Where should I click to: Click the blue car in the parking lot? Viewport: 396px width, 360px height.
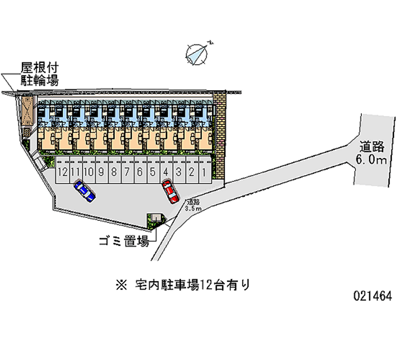85,191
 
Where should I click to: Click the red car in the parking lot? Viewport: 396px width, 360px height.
170,192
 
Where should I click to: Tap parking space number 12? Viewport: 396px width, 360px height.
62,172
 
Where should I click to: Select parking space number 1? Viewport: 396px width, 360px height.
204,172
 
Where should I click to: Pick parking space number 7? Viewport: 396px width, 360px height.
127,172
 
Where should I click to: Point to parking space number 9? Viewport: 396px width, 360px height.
101,172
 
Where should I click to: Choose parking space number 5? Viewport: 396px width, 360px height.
152,172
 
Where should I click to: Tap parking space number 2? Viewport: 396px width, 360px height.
191,172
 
